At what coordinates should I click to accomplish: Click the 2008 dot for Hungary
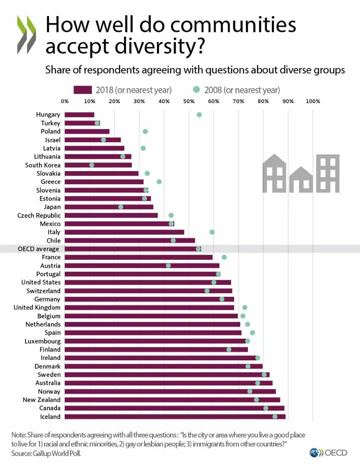point(199,115)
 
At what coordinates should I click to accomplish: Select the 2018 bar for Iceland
point(175,416)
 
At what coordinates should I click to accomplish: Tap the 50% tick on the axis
point(188,102)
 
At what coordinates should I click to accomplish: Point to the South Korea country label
point(43,165)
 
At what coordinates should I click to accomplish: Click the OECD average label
point(38,249)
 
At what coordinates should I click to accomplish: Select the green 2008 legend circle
point(196,90)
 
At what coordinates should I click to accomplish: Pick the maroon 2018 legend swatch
point(82,90)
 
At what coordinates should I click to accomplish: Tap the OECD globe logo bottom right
point(315,452)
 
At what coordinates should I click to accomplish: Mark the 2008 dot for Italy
point(212,232)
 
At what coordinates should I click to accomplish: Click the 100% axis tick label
point(312,102)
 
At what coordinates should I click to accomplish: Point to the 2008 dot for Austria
point(168,265)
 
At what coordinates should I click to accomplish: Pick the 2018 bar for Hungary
point(79,115)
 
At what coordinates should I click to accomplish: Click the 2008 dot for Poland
point(145,132)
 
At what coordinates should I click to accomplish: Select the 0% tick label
point(65,102)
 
